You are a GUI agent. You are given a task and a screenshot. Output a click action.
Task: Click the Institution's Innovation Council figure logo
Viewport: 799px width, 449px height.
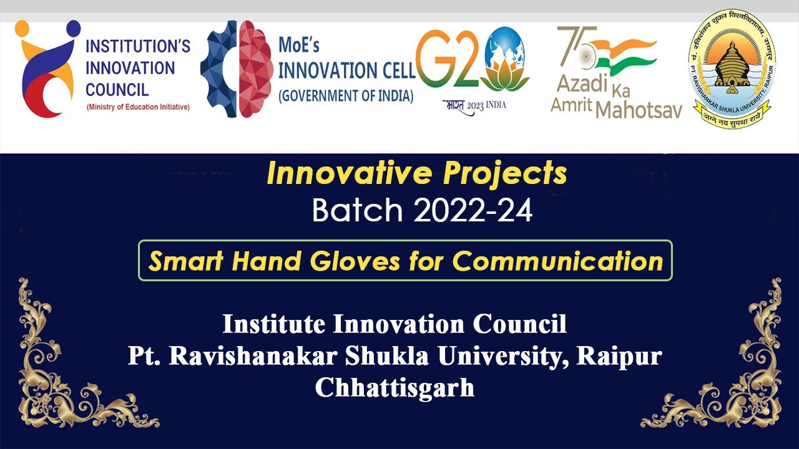tap(47, 69)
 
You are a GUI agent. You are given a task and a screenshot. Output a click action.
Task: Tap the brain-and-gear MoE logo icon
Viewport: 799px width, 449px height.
tap(236, 69)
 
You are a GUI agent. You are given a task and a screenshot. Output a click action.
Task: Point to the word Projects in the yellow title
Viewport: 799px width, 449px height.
tap(505, 174)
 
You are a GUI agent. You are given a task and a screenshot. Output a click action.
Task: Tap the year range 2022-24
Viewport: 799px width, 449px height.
tap(473, 211)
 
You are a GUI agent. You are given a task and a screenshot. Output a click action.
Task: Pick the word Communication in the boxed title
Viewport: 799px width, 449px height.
tap(557, 261)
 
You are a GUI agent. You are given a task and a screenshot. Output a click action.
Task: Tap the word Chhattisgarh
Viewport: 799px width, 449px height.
tap(395, 387)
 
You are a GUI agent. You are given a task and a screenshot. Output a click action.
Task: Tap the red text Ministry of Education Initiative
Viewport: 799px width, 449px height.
tap(138, 107)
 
